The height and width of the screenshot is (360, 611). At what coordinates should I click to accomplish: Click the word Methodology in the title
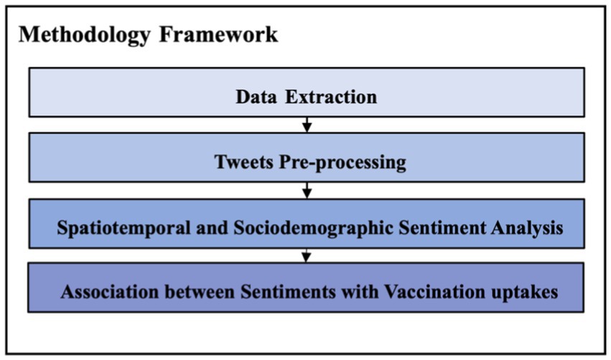85,35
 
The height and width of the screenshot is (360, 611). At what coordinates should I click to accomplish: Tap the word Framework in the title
218,34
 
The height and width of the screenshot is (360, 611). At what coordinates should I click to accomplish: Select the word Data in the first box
256,97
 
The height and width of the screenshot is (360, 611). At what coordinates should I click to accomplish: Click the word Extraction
331,97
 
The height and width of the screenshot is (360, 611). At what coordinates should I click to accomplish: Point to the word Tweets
244,162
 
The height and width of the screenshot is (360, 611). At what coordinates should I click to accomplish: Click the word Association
110,292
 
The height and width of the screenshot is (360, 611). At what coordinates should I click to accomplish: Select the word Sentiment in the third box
442,228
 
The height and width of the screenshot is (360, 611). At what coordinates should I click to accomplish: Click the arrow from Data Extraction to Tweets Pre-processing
307,125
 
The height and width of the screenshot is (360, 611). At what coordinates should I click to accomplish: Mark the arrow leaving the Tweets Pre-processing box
307,190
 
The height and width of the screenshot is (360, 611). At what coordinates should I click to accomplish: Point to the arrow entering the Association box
307,256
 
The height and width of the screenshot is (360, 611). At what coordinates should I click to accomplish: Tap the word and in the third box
212,228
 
